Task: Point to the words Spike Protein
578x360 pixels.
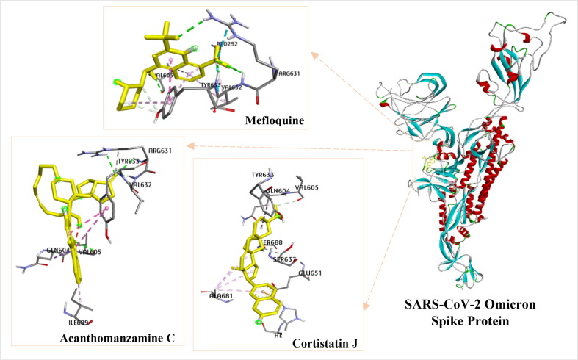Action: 469,322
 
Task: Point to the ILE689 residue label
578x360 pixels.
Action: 79,320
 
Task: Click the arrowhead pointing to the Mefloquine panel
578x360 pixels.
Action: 314,54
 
